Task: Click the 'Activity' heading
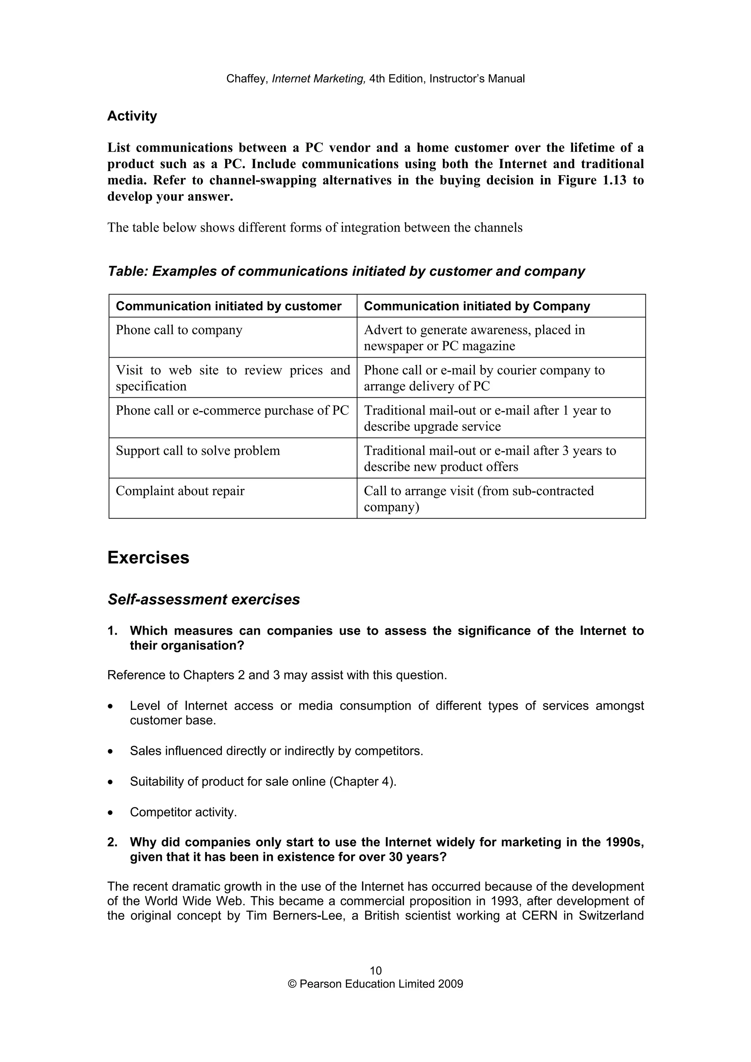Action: click(132, 116)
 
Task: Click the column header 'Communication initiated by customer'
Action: click(228, 306)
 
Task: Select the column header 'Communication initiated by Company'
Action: click(477, 306)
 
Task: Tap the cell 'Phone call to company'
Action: click(179, 330)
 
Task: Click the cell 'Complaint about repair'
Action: click(180, 491)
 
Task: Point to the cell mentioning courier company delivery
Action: click(484, 378)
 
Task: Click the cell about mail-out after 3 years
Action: click(490, 458)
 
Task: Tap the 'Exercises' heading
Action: click(148, 558)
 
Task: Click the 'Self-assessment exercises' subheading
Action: click(204, 600)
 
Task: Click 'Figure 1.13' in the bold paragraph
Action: click(592, 180)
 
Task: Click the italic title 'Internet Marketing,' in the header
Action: click(319, 79)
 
